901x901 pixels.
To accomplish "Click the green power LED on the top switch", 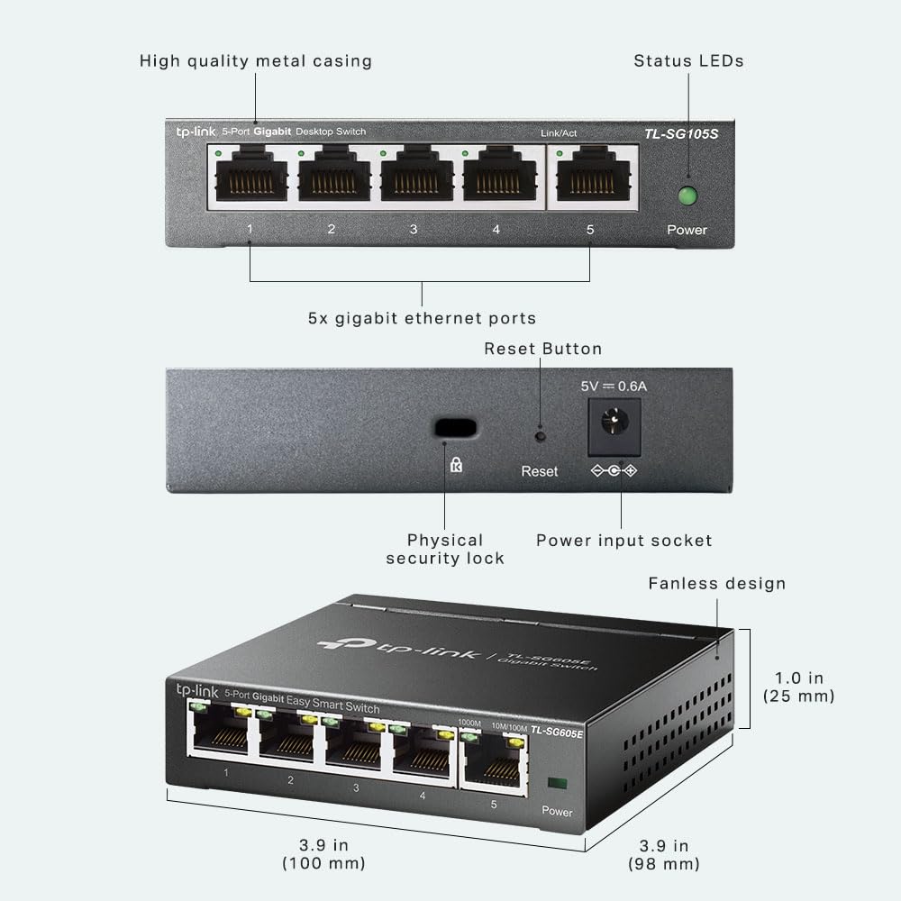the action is point(687,196).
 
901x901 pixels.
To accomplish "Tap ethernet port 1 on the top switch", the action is point(251,174).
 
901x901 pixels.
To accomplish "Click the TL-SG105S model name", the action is point(681,134).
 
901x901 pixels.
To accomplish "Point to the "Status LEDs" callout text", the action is point(688,61).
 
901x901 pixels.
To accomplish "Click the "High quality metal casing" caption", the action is point(256,61).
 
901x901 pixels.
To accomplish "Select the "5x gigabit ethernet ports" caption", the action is point(422,318).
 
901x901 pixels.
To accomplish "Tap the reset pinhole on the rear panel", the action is point(540,436).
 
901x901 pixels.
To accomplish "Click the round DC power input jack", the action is point(614,423).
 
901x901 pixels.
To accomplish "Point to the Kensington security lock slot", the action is point(456,428).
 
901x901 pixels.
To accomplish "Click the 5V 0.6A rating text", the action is point(614,387).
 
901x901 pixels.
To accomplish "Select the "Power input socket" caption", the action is point(624,540).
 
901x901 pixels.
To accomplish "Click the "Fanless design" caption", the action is point(716,584).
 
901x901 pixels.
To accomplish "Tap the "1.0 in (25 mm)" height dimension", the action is point(798,687).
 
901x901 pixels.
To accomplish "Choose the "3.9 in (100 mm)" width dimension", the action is point(323,854).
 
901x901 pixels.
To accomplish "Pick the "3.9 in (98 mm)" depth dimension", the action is point(664,854).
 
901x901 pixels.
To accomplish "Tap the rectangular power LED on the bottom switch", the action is point(558,783).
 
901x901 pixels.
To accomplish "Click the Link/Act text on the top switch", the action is point(559,133).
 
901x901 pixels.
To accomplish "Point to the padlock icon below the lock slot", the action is point(456,465).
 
